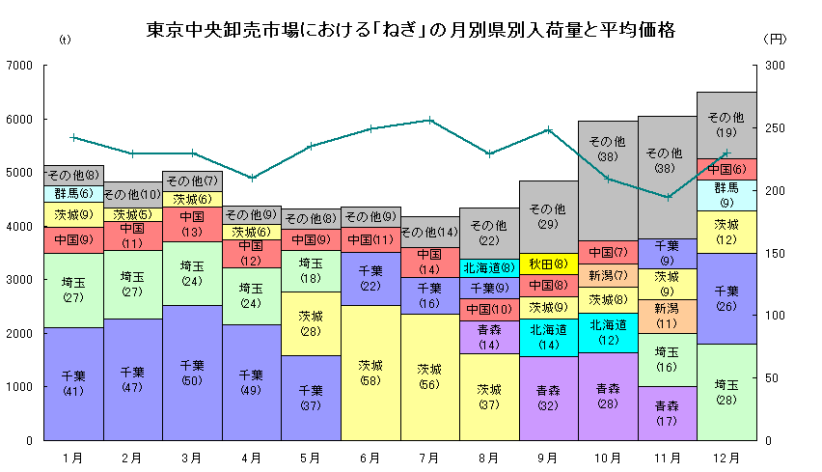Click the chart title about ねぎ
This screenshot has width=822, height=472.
[x=410, y=30]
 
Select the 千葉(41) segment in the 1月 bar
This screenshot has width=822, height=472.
[x=73, y=383]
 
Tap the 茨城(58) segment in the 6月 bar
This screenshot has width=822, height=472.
[x=370, y=373]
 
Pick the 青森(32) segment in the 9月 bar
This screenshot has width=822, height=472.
[x=548, y=398]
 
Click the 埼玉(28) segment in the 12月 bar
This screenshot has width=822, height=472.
[x=726, y=392]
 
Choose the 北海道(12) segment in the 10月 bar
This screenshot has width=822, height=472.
[x=608, y=333]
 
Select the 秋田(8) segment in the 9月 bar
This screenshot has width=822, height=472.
[x=548, y=263]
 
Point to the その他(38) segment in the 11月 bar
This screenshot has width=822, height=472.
[x=667, y=160]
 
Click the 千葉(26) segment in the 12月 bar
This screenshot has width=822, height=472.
[x=726, y=298]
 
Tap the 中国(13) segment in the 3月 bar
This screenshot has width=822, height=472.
[x=192, y=224]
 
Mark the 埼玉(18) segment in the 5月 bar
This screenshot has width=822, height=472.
[x=311, y=270]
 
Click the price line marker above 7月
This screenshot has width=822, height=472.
[x=429, y=121]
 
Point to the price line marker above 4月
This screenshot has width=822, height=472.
[x=252, y=178]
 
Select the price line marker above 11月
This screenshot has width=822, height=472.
[x=667, y=197]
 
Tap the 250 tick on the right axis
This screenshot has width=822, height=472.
[x=772, y=128]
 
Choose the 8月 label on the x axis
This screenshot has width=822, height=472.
[x=488, y=455]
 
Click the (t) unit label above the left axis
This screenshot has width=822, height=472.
[x=65, y=40]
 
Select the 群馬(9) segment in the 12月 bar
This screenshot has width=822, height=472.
[x=726, y=195]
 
